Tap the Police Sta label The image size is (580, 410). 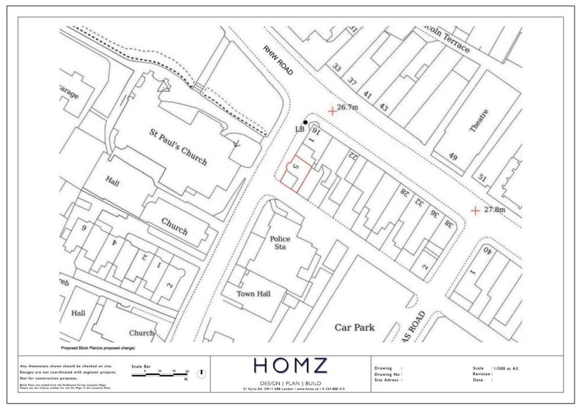tap(280, 243)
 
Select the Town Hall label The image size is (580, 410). tap(253, 293)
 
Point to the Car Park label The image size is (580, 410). tap(355, 327)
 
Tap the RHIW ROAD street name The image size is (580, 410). tap(278, 61)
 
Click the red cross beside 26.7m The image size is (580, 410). tap(332, 111)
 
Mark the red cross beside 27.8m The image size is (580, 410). tap(475, 211)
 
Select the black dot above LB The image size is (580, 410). tap(305, 122)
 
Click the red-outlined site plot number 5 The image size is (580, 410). tap(295, 168)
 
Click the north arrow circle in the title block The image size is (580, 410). tap(201, 374)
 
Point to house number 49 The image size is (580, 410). tap(453, 157)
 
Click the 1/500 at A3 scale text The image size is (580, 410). tap(506, 368)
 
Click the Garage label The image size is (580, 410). tap(68, 92)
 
